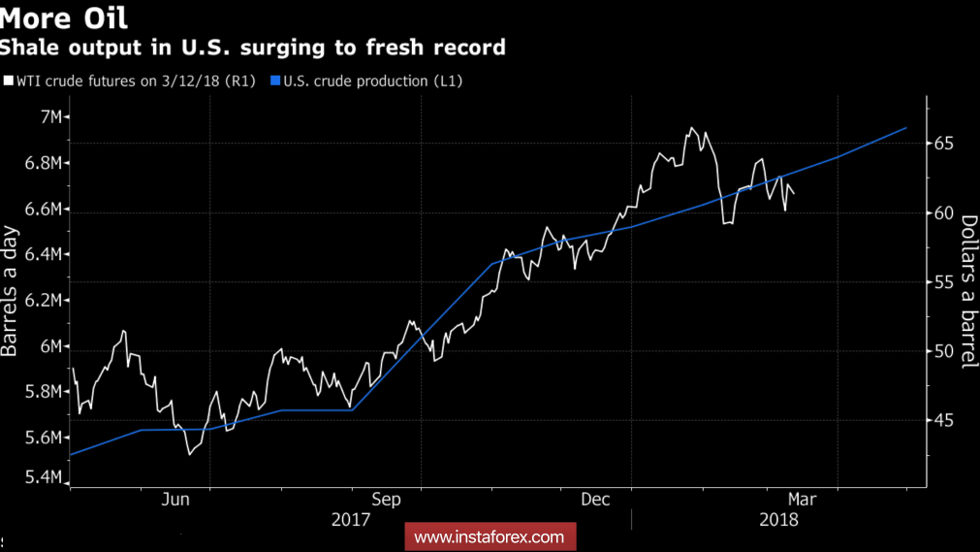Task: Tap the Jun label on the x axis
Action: [175, 500]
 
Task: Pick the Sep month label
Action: [386, 500]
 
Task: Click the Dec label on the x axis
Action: [594, 500]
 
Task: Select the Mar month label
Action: [801, 500]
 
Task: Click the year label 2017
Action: [351, 520]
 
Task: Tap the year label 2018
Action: [779, 520]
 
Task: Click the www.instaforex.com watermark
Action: [490, 536]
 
